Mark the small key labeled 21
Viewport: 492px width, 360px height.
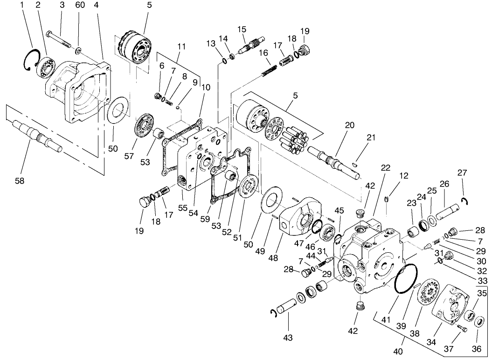[x=354, y=164]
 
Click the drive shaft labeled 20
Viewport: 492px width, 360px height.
[x=332, y=159]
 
